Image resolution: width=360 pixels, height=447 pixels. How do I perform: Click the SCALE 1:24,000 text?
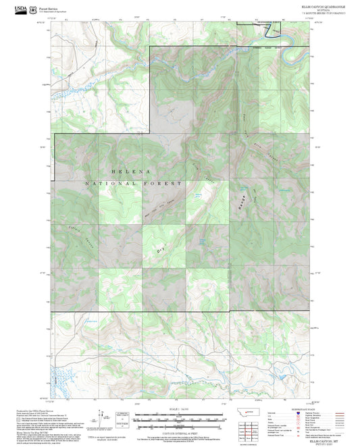click(179, 409)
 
